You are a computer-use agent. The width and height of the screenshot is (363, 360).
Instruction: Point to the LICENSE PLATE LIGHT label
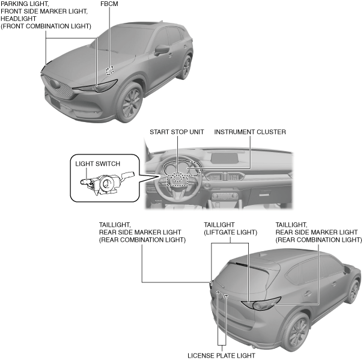tap(221, 355)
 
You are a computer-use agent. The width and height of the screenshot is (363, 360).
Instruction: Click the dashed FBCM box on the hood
tap(110, 69)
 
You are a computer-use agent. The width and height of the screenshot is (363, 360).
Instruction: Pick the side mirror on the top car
tap(162, 50)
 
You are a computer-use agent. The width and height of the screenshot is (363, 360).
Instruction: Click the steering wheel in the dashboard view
tap(177, 178)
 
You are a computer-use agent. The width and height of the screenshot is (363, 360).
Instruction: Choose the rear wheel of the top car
tap(186, 68)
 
